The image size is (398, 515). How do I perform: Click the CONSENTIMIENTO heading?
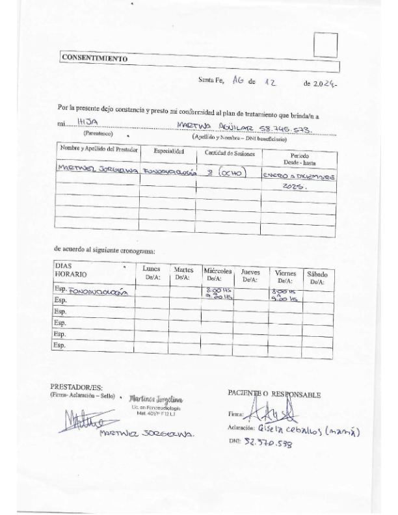click(x=94, y=57)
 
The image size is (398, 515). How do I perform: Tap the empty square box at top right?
click(x=326, y=45)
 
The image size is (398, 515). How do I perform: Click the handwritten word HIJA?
click(x=88, y=122)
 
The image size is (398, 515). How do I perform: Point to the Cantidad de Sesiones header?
click(x=230, y=154)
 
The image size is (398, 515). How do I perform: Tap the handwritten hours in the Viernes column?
click(x=285, y=295)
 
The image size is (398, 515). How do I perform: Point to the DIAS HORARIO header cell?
click(x=72, y=270)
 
